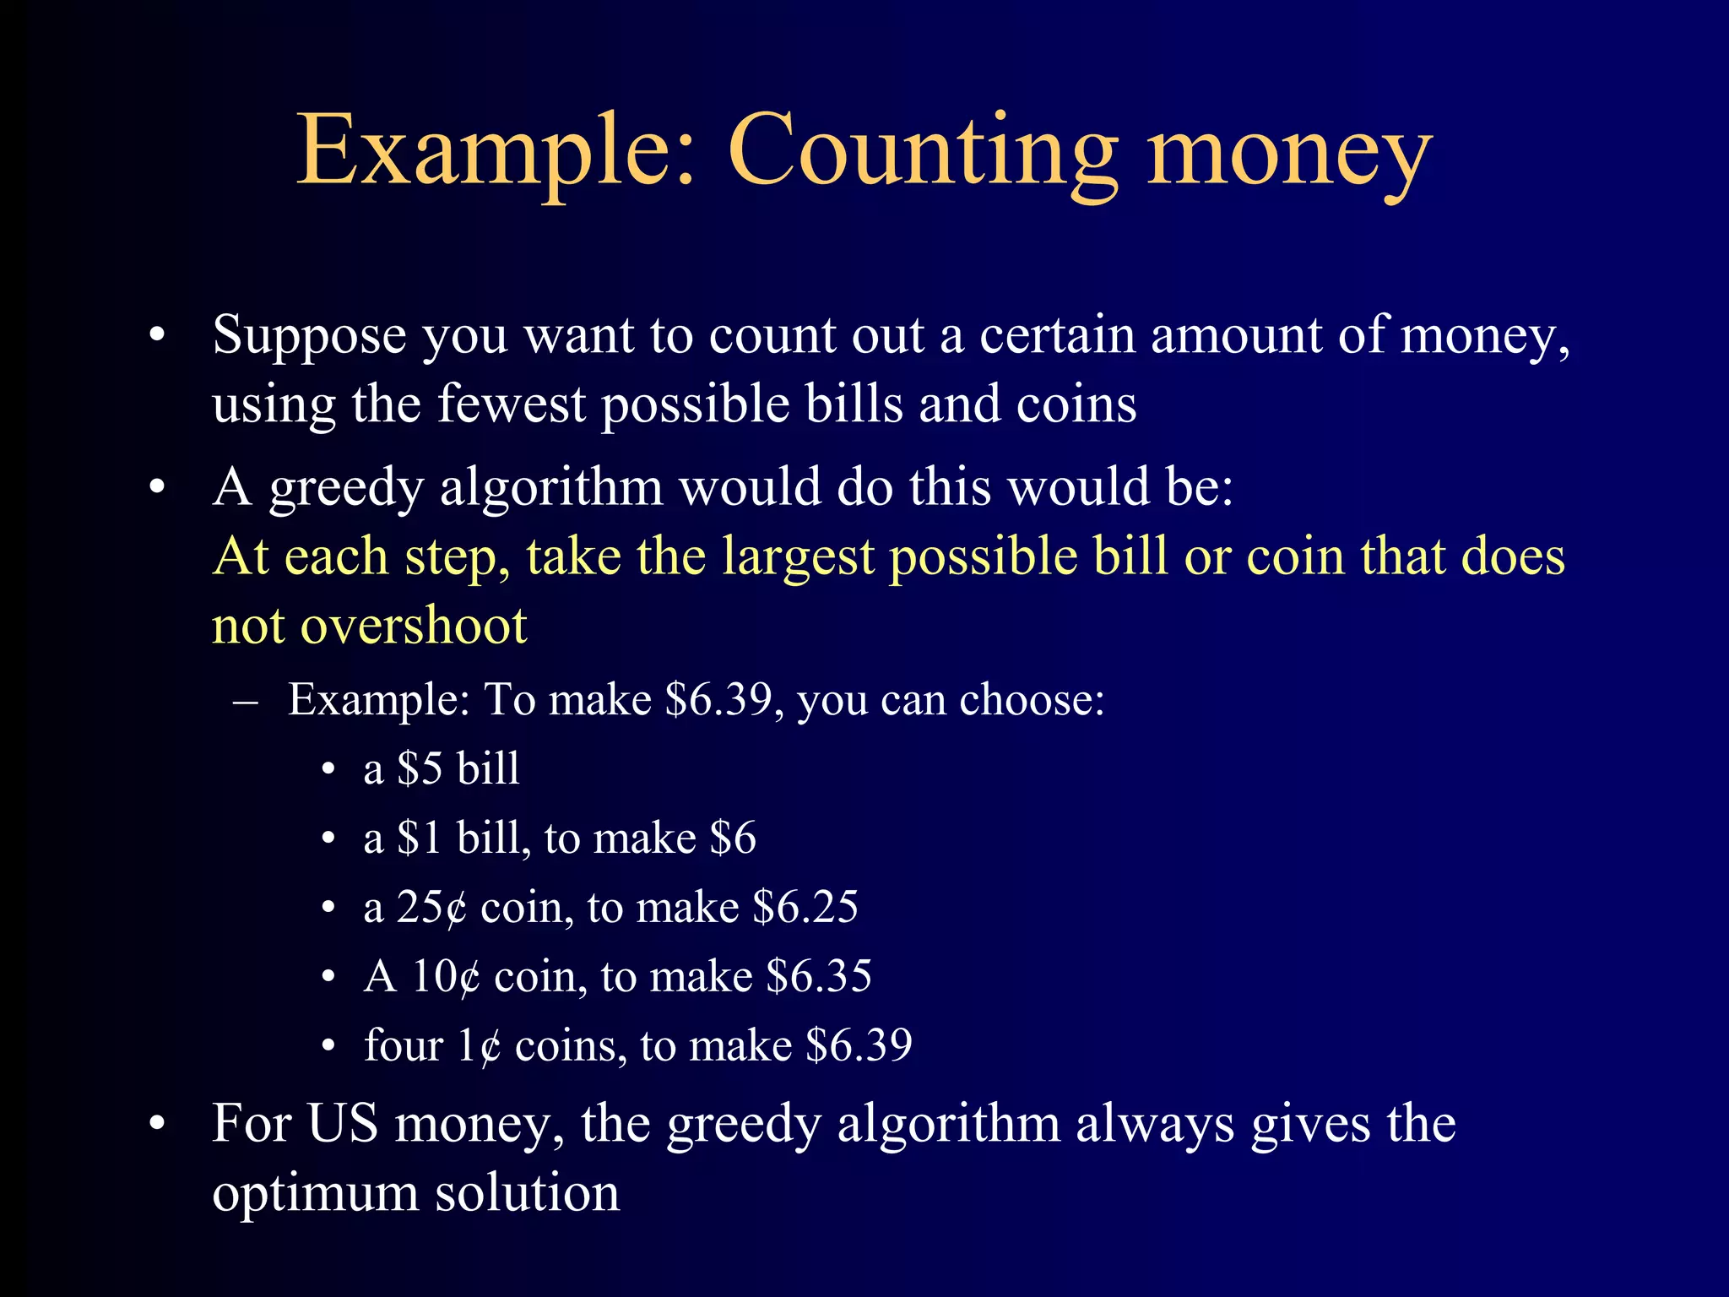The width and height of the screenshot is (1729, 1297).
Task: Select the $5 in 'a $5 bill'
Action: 420,769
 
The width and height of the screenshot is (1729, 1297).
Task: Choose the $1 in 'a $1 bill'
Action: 420,838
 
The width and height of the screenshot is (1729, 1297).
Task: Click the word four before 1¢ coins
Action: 404,1046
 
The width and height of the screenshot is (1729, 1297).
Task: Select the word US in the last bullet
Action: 342,1124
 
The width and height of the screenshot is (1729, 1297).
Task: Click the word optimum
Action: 315,1195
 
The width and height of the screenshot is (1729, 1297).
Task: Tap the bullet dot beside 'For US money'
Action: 156,1125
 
